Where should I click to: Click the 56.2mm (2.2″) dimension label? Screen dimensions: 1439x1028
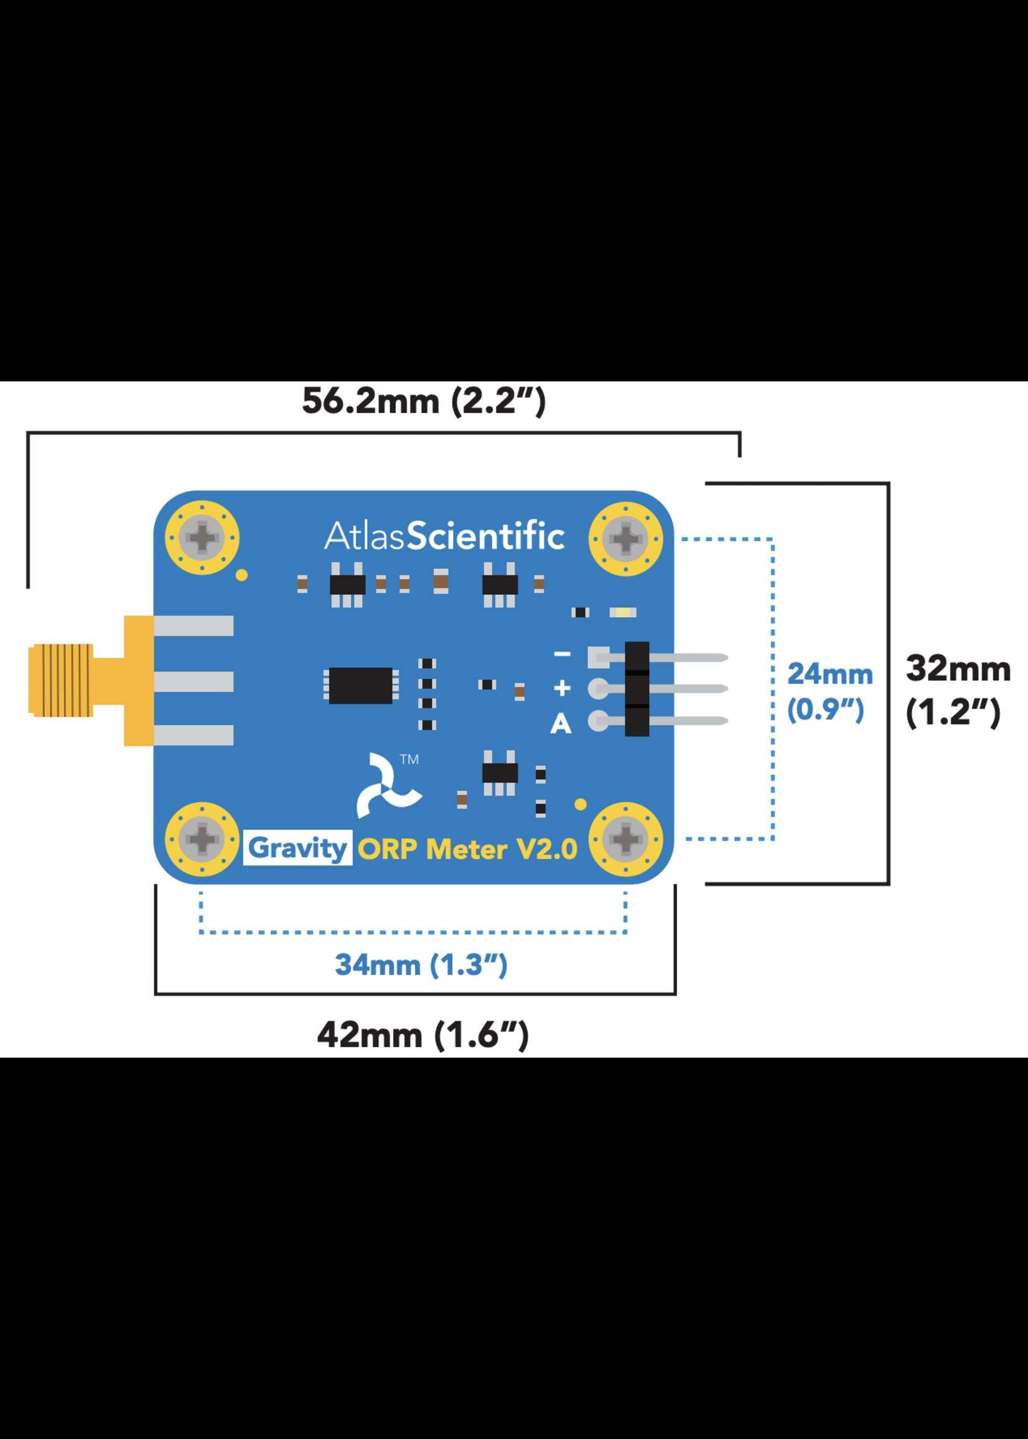(x=423, y=401)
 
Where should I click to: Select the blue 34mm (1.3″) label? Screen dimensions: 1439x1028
(x=421, y=965)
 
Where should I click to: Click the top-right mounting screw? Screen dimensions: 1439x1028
(x=625, y=539)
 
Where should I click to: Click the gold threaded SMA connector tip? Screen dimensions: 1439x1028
(x=61, y=680)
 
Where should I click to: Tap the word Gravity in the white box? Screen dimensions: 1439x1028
(x=297, y=848)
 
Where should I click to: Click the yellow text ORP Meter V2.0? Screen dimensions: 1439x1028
(x=468, y=849)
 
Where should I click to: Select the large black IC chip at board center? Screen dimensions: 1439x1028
(x=360, y=686)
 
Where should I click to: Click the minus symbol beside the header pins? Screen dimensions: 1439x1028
(x=562, y=654)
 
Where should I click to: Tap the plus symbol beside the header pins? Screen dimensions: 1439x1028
(x=562, y=688)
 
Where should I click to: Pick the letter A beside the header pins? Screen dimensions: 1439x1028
(x=561, y=724)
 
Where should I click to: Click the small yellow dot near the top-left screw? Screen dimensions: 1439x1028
(x=241, y=575)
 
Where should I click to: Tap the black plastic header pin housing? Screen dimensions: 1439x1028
(x=637, y=689)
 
